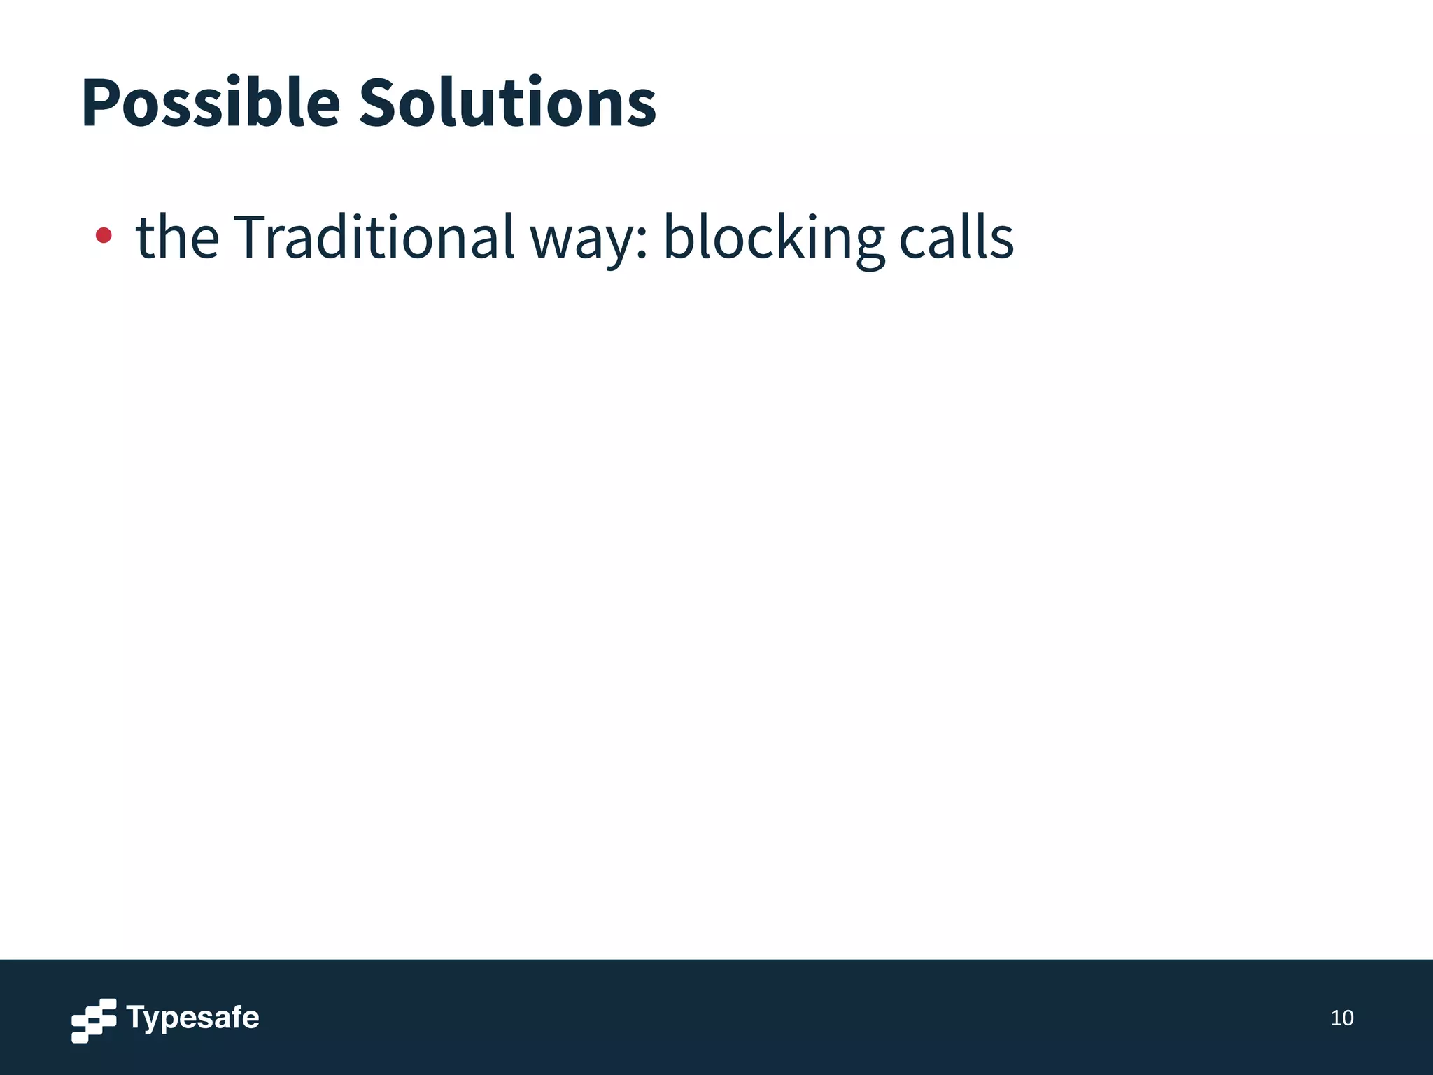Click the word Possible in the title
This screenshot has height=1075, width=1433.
pos(211,104)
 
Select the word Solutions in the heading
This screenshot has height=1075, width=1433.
pos(507,104)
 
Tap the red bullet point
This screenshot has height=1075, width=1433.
pos(104,235)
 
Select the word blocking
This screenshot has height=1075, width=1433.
pos(773,238)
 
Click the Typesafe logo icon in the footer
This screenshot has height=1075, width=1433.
pos(94,1020)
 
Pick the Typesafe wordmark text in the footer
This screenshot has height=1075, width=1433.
pos(193,1018)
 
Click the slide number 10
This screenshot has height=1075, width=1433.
pos(1341,1018)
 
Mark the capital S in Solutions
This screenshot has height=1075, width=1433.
pos(381,104)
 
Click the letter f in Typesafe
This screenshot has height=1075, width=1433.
pos(234,1016)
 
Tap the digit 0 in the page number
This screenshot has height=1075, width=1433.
pos(1347,1018)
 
